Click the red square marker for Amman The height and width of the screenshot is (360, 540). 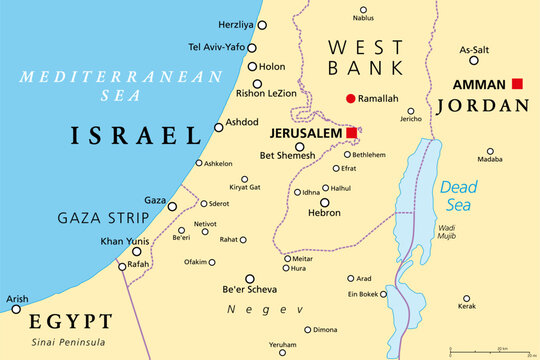click(x=517, y=84)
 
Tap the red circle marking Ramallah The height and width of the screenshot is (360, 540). click(x=350, y=98)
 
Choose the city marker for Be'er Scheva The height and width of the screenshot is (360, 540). click(x=250, y=279)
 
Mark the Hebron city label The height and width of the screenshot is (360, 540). click(x=323, y=213)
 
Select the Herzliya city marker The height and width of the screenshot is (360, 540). click(x=262, y=23)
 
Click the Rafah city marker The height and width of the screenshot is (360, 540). click(x=122, y=266)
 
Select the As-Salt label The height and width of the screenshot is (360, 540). click(x=473, y=47)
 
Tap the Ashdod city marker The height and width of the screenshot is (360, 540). click(x=219, y=127)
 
